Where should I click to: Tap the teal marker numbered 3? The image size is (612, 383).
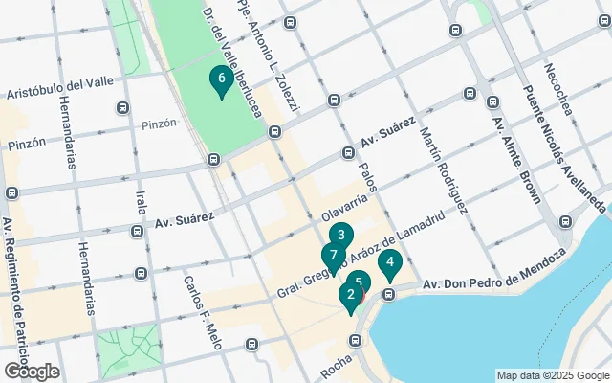click(x=341, y=236)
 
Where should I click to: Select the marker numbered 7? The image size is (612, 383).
click(x=332, y=257)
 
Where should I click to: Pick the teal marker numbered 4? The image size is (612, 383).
click(x=389, y=262)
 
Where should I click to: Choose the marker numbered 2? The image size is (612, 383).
click(x=351, y=297)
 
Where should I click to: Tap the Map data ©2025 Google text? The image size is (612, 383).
click(x=552, y=375)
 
